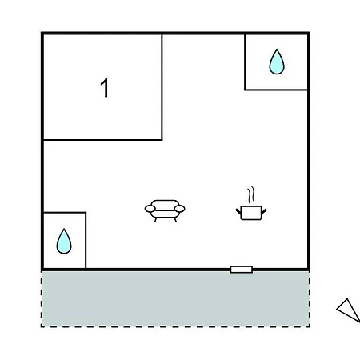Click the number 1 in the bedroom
coord(105,88)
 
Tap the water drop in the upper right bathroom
coord(277,62)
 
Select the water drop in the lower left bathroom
coord(64,242)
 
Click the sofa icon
coord(165,210)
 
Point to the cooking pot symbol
coord(251,213)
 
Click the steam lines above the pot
coord(250,195)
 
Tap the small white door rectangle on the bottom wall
coord(242,270)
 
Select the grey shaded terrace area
coord(175,298)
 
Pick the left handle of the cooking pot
coord(238,212)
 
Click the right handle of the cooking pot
coord(264,212)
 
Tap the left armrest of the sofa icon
coord(150,209)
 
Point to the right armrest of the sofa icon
coord(179,209)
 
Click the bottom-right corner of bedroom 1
coord(162,139)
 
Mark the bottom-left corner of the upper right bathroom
coord(245,90)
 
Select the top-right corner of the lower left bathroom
coord(86,213)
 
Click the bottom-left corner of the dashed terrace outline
coord(42,326)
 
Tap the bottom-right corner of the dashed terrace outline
coord(310,326)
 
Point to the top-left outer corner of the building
coord(42,32)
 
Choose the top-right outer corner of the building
coord(310,32)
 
